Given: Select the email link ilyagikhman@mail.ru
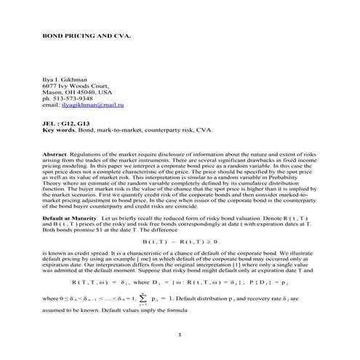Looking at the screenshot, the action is (x=97, y=105).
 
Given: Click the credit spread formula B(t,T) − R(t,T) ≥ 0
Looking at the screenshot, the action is (x=180, y=240).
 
